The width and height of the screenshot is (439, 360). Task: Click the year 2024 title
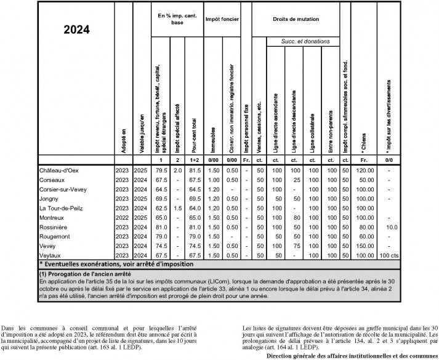[x=76, y=29]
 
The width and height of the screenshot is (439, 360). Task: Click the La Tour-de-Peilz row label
[x=62, y=209]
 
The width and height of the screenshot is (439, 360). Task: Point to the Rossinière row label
[x=55, y=227]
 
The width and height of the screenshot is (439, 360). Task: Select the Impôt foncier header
[x=222, y=20]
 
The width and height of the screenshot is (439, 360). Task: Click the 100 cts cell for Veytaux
[x=389, y=254]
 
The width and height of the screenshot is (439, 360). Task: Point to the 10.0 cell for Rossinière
[x=389, y=227]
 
